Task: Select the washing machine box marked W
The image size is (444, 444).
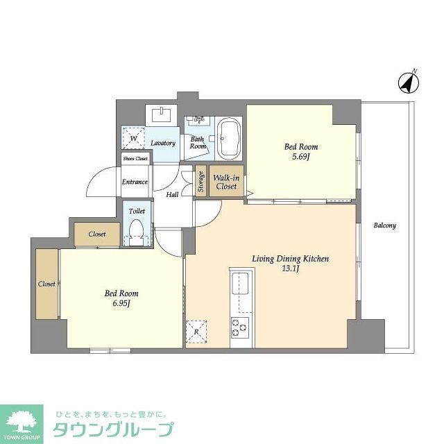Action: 133,137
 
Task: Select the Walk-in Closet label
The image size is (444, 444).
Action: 226,182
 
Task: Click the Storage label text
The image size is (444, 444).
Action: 201,182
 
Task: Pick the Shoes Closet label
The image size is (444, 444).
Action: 135,159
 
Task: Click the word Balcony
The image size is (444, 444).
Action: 384,226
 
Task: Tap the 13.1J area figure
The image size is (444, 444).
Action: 290,269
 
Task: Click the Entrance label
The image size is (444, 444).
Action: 135,182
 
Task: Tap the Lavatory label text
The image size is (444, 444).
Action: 163,143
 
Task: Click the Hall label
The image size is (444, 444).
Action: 172,194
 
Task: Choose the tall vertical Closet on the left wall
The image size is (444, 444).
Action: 47,284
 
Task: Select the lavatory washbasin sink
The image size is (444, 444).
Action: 162,113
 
